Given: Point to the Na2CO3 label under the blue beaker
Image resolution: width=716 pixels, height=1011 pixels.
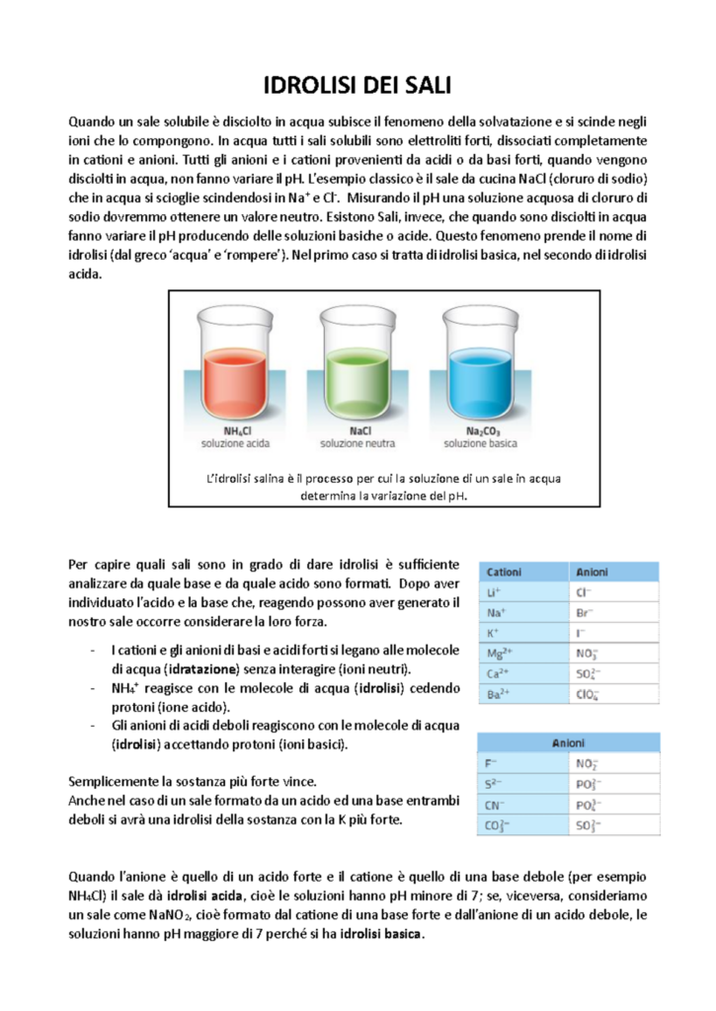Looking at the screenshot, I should click(483, 430).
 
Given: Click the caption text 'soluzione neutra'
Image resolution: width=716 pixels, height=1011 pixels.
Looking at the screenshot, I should click(359, 443).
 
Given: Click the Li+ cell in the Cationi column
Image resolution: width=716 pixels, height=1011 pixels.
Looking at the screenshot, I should click(496, 592).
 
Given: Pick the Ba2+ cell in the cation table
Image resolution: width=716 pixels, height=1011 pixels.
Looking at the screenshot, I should click(499, 694).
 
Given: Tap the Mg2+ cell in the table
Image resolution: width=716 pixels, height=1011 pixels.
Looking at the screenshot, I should click(500, 653).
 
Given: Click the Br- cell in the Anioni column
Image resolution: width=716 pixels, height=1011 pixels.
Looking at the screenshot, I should click(584, 612).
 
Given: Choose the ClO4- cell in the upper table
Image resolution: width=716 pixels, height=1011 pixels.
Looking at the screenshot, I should click(587, 694).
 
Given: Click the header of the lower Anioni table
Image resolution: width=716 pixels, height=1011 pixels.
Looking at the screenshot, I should click(567, 742).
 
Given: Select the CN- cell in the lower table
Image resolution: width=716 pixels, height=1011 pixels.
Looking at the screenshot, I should click(498, 805).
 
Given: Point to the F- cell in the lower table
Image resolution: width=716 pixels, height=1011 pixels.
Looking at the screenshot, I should click(494, 763).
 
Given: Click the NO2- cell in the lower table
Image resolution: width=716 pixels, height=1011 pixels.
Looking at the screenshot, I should click(586, 763).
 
